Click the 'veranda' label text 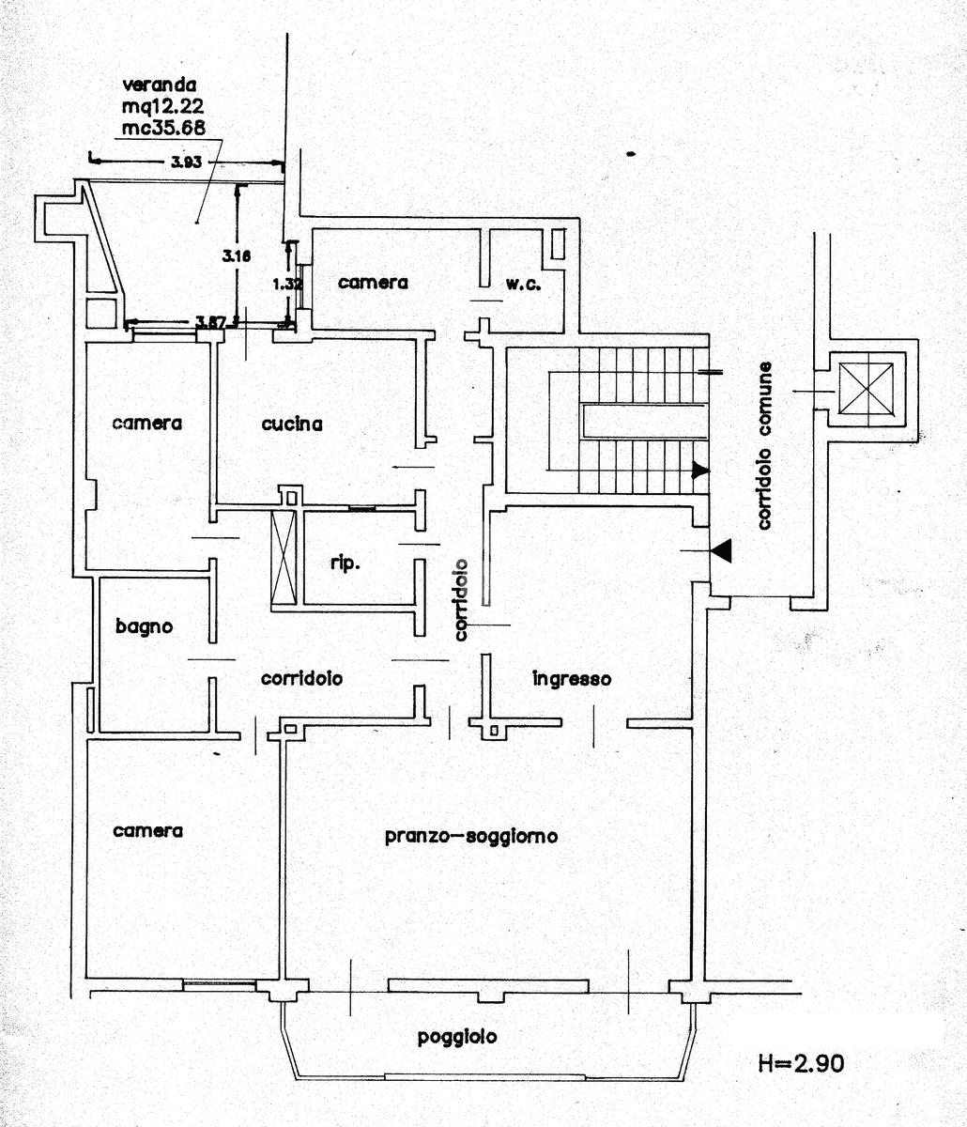tap(160, 85)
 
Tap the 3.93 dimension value tap(187, 162)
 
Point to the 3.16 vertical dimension tap(237, 255)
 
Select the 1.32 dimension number tap(287, 284)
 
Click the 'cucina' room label tap(292, 425)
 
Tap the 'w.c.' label tap(524, 284)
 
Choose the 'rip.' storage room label tap(345, 563)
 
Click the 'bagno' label tap(145, 627)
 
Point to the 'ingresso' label tap(572, 679)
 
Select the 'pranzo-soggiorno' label tap(471, 837)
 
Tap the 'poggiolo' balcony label tap(457, 1037)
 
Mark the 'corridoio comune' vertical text tap(765, 445)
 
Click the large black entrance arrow tap(721, 550)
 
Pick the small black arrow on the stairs tap(700, 470)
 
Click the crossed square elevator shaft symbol tap(866, 390)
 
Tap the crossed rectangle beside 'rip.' tap(284, 557)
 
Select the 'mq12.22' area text tap(163, 106)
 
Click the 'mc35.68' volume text tap(163, 128)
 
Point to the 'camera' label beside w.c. tap(373, 283)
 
